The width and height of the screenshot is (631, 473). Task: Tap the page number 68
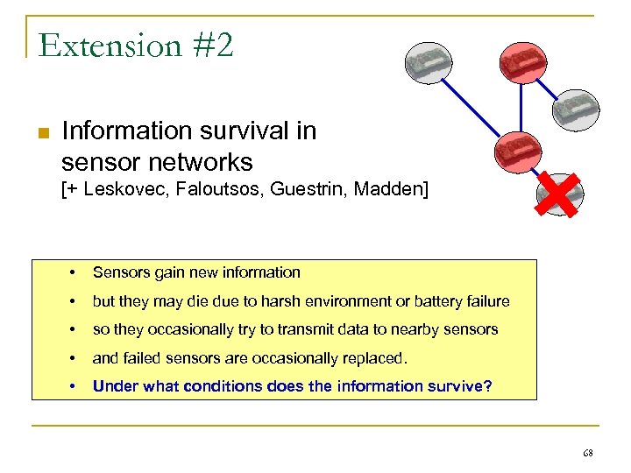(x=587, y=453)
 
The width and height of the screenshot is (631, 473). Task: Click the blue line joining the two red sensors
(x=521, y=104)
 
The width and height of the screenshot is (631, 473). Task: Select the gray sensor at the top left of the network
(x=429, y=61)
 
